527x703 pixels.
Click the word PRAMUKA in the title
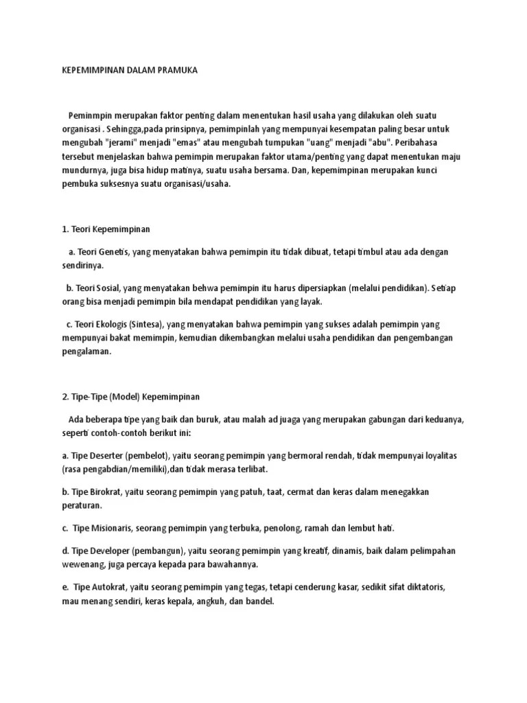(175, 70)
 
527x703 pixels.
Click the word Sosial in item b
(118, 288)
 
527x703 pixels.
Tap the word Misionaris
(107, 528)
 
